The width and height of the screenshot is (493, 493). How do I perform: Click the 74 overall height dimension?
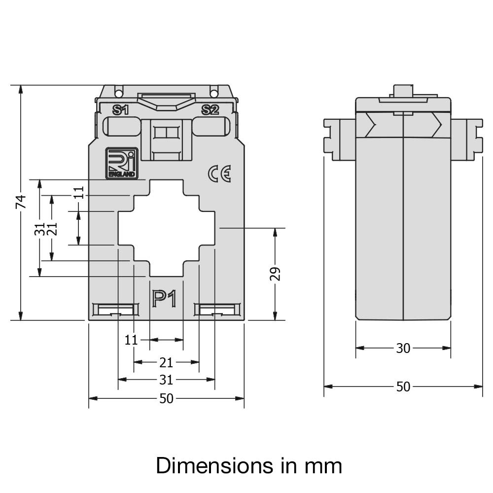21,201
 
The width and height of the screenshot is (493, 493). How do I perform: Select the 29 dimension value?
275,274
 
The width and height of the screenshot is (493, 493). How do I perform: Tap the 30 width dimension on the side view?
403,348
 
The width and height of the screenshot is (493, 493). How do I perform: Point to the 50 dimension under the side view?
403,387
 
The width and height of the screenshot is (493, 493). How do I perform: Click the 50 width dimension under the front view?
166,398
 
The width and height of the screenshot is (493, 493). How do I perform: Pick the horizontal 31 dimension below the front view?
166,380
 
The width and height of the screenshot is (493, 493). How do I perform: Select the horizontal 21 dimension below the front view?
166,362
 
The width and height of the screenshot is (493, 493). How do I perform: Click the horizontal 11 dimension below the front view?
131,340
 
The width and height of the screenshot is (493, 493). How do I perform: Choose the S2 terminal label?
211,110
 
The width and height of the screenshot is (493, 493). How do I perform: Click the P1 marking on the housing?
164,299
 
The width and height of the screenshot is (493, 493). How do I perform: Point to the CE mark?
219,174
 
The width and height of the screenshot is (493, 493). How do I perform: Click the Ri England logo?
122,163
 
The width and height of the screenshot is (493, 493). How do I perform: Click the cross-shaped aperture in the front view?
166,228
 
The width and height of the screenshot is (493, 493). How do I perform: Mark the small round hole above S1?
118,93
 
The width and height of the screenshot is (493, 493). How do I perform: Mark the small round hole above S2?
213,93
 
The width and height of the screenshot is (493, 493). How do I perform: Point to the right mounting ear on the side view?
467,139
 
